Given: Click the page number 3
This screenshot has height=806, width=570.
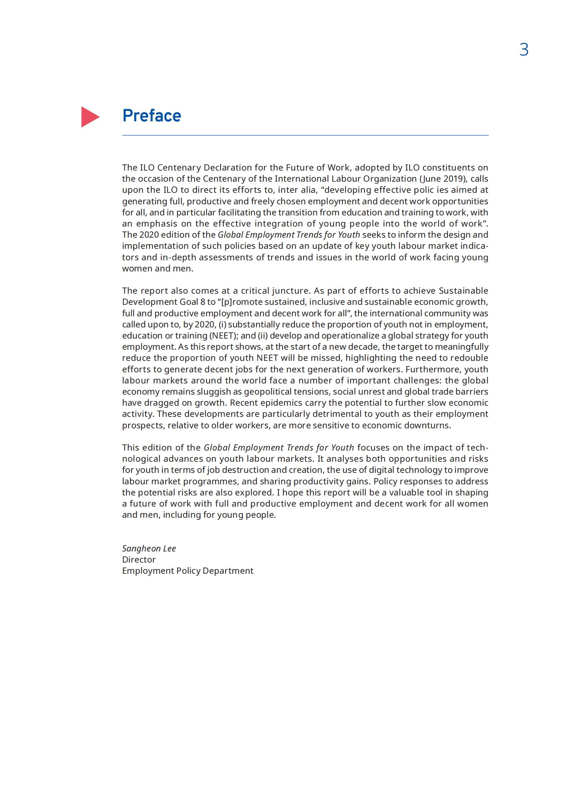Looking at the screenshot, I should coord(524,50).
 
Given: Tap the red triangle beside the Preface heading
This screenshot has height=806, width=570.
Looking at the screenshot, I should coord(89,117).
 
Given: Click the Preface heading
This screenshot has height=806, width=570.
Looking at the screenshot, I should coord(152,116).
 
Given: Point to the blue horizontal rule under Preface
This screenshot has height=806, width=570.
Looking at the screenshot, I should coord(305,135).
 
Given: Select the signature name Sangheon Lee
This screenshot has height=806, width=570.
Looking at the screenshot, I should coord(149,548).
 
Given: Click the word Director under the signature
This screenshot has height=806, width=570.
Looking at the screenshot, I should coord(139,559).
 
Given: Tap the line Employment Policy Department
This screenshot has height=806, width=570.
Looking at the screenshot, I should coord(187,570).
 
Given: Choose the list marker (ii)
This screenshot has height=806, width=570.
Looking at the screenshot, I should coord(263,336).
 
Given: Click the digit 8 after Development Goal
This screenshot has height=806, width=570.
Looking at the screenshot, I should coord(203,302).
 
